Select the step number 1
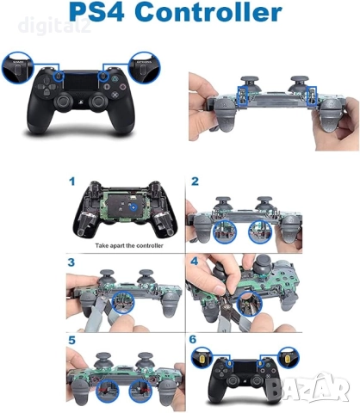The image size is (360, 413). click(x=73, y=182)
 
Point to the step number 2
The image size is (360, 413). click(x=196, y=182)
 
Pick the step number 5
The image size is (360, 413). click(x=73, y=340)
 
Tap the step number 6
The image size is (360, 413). click(x=196, y=340)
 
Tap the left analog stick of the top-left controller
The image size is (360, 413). click(x=65, y=102)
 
